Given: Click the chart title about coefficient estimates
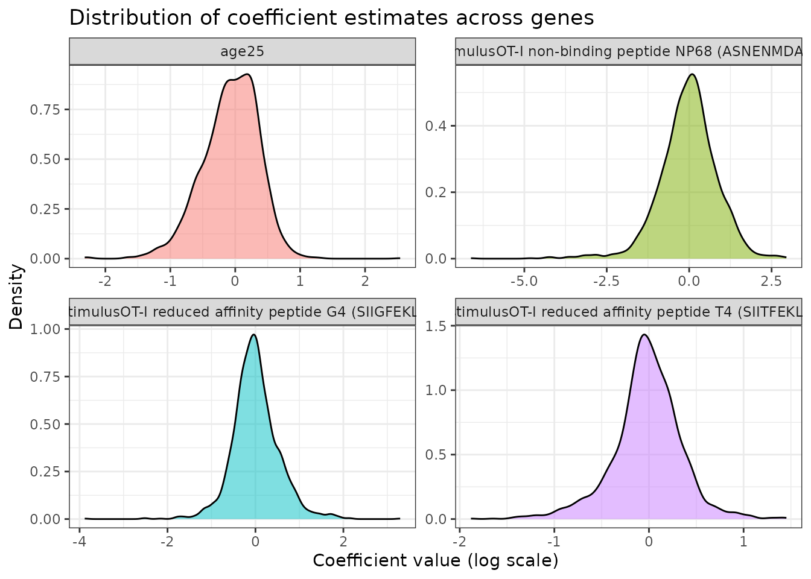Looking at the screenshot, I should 331,17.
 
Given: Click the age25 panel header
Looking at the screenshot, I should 242,51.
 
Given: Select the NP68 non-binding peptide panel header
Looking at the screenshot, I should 628,51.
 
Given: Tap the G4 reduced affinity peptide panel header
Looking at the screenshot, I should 242,312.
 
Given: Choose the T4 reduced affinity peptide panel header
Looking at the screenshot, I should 628,312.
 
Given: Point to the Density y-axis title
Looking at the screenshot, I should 16,297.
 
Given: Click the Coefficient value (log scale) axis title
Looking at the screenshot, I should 435,561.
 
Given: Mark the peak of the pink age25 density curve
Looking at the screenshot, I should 248,75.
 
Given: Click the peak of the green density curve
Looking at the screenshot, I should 692,74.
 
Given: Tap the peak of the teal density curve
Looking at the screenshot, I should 254,335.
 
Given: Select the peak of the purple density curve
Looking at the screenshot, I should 645,335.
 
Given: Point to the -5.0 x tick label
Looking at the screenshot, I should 523,281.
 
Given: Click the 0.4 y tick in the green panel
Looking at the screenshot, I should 436,126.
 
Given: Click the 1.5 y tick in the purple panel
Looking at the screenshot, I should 436,326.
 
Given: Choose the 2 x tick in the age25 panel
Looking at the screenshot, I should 364,281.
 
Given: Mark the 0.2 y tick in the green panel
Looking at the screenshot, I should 436,192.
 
